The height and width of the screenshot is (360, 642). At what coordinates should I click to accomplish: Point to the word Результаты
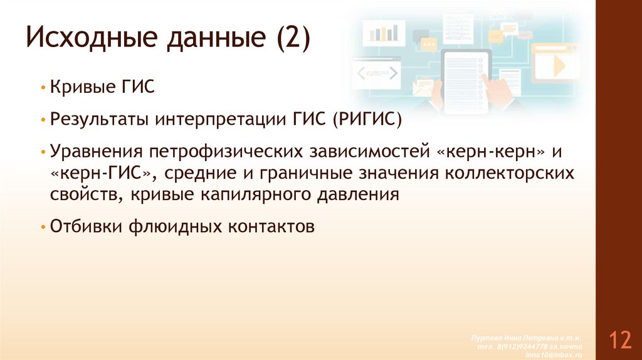coord(104,119)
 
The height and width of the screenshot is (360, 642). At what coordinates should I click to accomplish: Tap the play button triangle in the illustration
coord(557,65)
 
